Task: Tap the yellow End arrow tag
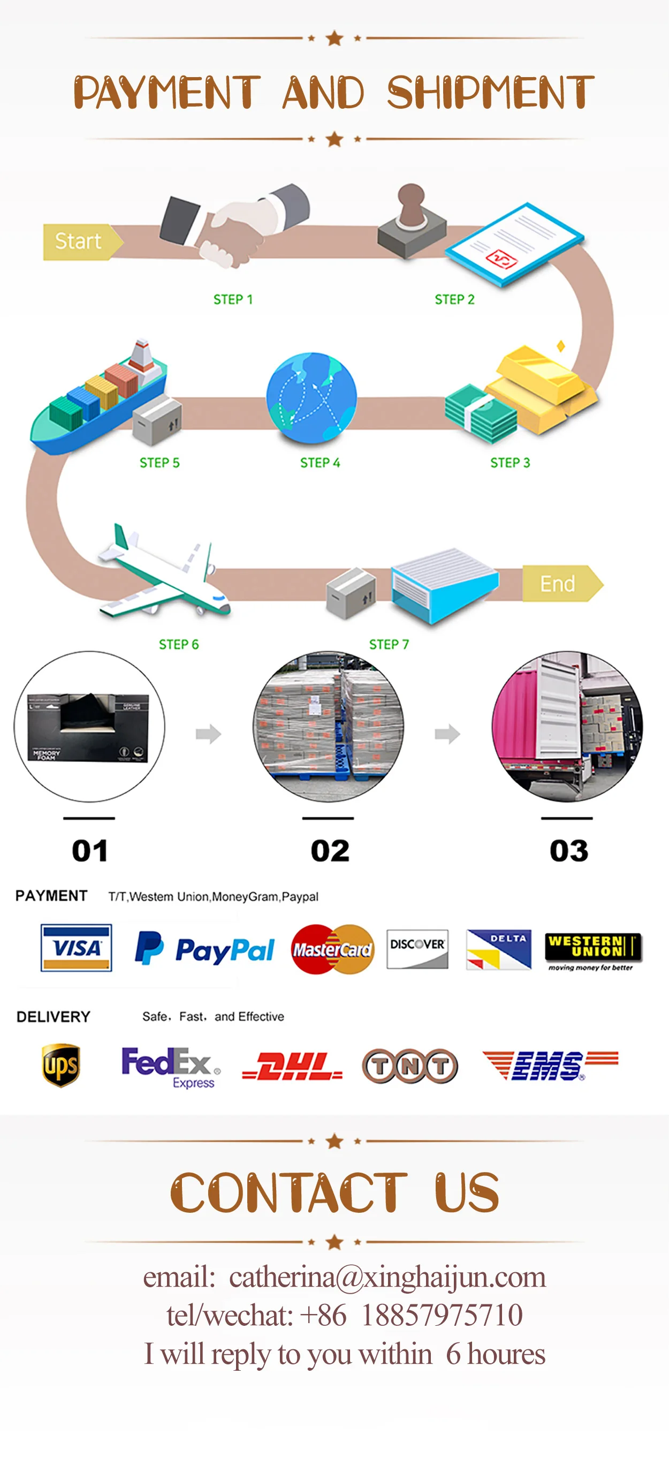[560, 584]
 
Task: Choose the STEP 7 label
[389, 644]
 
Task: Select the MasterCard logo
[332, 949]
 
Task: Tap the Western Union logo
[593, 950]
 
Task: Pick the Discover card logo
[417, 949]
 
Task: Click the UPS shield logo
[61, 1064]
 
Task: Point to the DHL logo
[292, 1066]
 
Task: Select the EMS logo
[549, 1064]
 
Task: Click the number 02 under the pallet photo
[330, 851]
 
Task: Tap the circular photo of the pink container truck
[567, 726]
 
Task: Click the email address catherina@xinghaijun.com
[387, 1278]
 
